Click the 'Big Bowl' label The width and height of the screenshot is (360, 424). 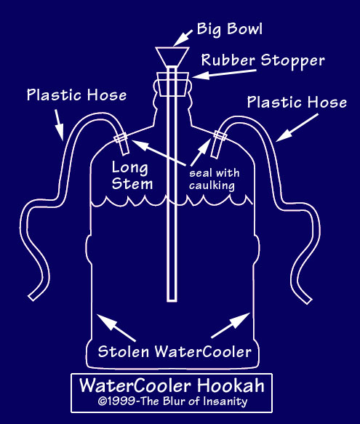click(x=230, y=29)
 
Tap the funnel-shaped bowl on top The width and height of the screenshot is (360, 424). click(x=172, y=57)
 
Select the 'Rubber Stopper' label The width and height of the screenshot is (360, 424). click(x=263, y=60)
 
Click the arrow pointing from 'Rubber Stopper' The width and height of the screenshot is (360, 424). click(x=224, y=74)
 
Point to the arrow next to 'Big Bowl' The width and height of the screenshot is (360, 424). click(x=183, y=38)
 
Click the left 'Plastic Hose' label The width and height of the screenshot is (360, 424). click(x=76, y=95)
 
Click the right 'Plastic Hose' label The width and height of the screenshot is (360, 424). click(x=297, y=103)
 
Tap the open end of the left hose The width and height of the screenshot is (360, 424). click(x=32, y=297)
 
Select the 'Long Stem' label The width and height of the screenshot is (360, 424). click(x=132, y=176)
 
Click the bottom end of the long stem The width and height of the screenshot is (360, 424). click(x=172, y=300)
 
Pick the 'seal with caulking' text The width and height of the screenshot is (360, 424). click(x=214, y=180)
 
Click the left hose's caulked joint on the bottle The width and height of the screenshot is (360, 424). click(x=121, y=137)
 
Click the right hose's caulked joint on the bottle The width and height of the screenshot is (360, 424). click(x=220, y=136)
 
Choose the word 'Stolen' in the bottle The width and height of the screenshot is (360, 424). click(x=124, y=352)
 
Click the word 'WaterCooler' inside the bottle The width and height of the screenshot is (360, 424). click(x=204, y=352)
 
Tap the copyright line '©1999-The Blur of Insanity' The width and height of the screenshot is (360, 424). click(x=172, y=401)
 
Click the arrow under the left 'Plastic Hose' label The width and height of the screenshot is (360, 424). click(x=59, y=125)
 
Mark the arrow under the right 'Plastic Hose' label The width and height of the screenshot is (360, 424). click(x=297, y=127)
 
